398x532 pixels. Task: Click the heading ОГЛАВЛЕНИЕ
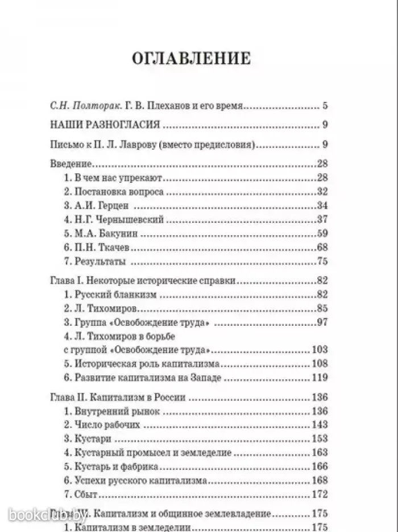(x=190, y=59)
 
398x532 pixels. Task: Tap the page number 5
(x=325, y=106)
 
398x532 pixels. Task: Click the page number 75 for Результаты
(x=322, y=262)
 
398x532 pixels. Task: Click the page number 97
(x=322, y=323)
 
